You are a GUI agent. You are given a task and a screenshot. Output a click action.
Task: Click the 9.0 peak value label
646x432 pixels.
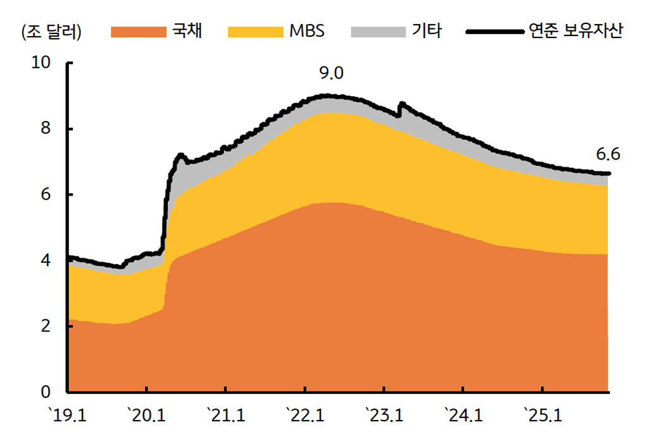[331, 73]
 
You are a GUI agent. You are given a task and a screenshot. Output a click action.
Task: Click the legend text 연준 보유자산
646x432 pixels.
[575, 31]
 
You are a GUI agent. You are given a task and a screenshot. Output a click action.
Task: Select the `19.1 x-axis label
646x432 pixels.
[68, 416]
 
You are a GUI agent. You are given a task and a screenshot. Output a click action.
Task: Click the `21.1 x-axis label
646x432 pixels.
[226, 416]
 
